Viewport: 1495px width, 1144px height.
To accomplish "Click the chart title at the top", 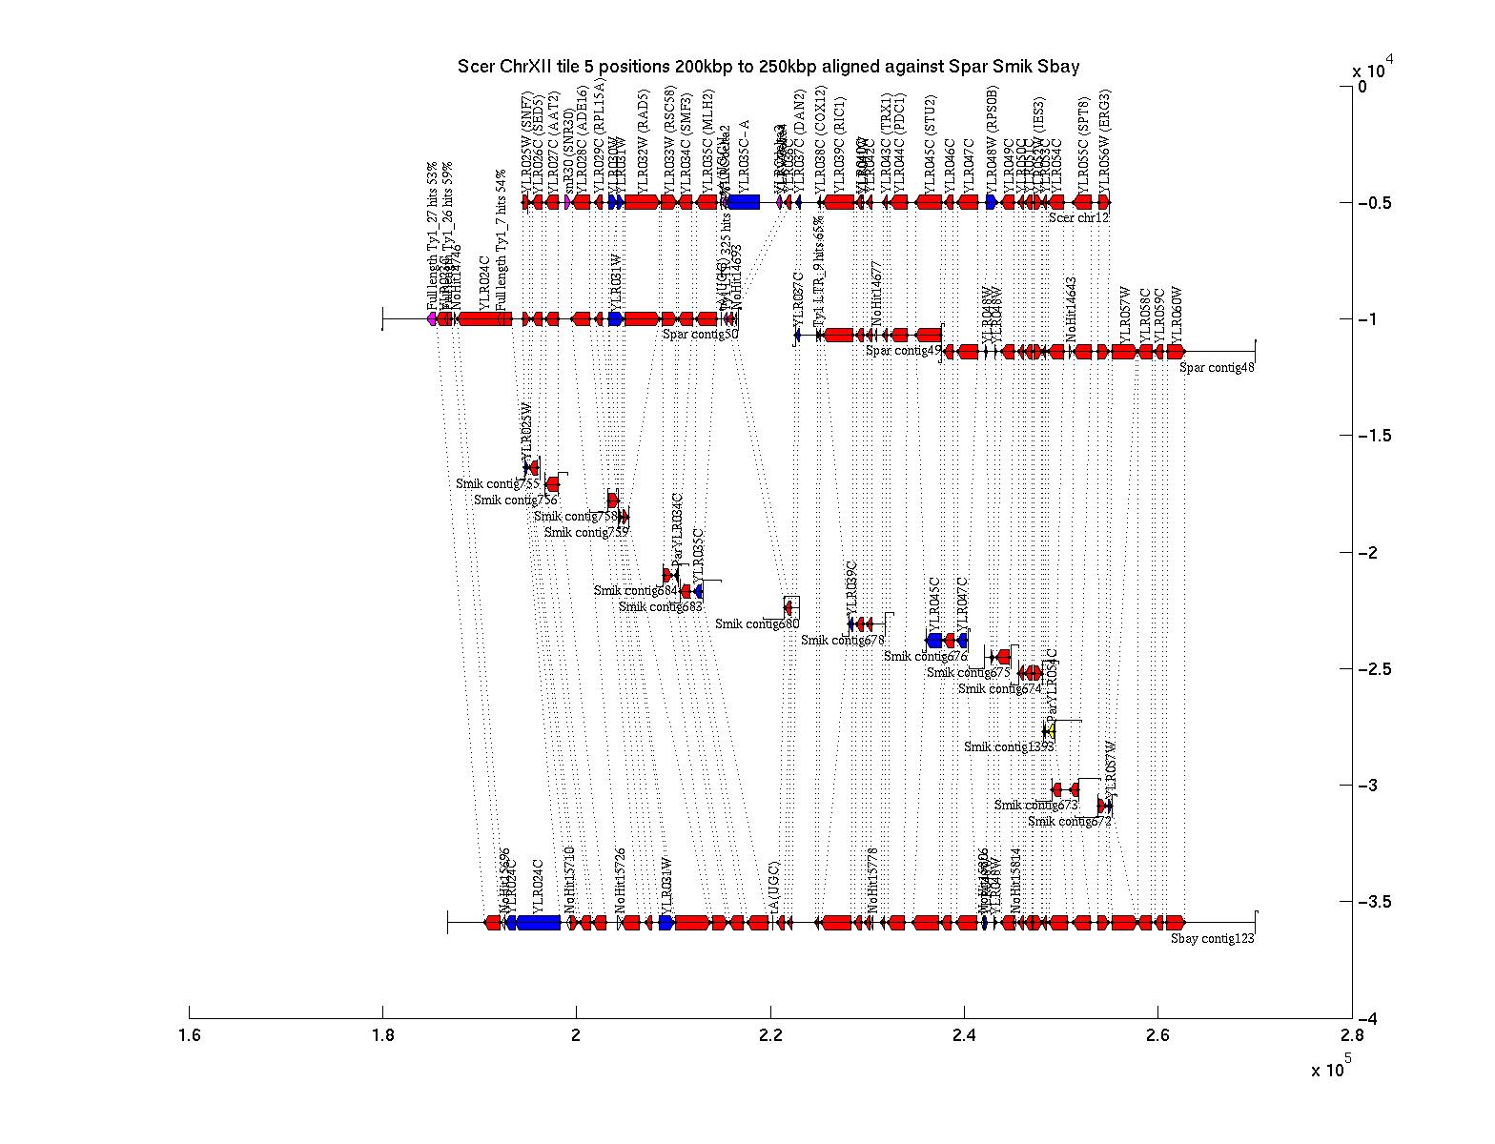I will [x=768, y=66].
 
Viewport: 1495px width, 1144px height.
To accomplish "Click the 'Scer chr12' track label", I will [x=1078, y=217].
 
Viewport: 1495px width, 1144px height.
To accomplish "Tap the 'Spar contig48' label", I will [x=1218, y=367].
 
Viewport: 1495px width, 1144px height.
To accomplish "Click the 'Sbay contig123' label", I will [x=1212, y=938].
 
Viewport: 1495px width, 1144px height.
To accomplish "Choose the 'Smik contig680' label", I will [x=757, y=623].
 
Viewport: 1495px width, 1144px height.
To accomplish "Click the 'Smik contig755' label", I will [x=497, y=483].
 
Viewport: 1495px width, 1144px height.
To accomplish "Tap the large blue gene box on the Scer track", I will [x=744, y=202].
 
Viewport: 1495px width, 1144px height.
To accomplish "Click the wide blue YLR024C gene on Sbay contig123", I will [x=538, y=923].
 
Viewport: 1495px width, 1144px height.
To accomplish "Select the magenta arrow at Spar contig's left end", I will [x=432, y=318].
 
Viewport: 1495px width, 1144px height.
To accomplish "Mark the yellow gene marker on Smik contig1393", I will [x=1049, y=732].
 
